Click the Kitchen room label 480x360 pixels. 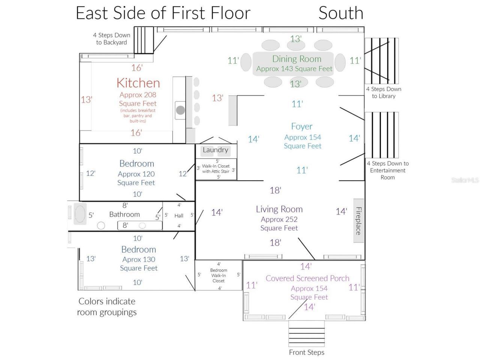138,83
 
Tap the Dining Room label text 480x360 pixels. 297,59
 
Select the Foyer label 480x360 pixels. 302,126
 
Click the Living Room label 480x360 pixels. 279,209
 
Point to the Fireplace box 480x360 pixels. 358,220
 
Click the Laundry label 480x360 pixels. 215,150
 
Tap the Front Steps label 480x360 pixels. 307,352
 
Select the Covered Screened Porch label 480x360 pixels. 307,278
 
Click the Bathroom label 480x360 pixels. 124,214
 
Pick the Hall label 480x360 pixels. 179,216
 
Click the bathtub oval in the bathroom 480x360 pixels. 80,214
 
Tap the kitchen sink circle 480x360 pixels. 180,110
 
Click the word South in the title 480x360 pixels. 341,13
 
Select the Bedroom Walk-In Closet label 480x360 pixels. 219,275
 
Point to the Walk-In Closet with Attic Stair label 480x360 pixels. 216,169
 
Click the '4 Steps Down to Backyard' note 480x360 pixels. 111,39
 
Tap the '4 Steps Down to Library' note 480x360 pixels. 384,93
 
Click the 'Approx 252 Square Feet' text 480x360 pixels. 279,223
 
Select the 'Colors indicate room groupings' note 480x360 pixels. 107,307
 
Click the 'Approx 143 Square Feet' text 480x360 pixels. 294,69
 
